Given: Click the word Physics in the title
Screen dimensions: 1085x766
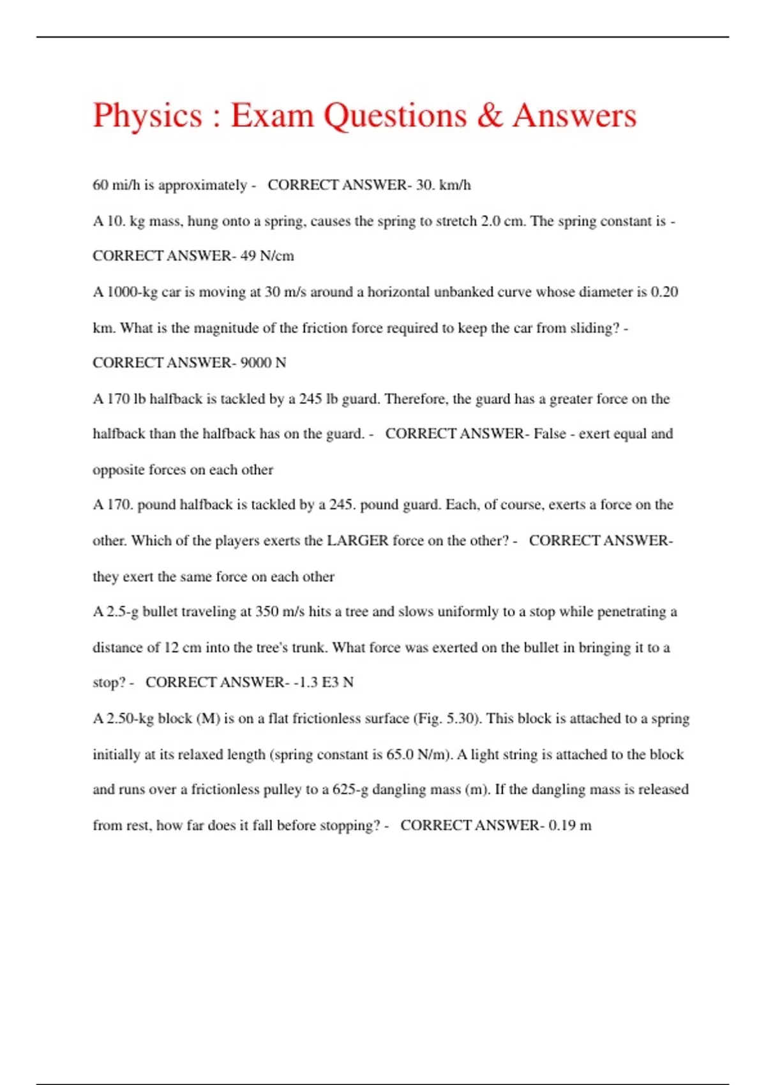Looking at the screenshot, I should click(147, 116).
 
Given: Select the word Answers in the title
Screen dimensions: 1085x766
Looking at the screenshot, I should click(574, 116).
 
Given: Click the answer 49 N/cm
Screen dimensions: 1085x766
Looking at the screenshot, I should click(267, 256).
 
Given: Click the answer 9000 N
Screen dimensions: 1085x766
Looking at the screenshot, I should click(263, 363).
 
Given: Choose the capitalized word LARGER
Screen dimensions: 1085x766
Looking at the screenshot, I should click(357, 541).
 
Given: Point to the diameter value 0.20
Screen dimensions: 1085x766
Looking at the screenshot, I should click(664, 292).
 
